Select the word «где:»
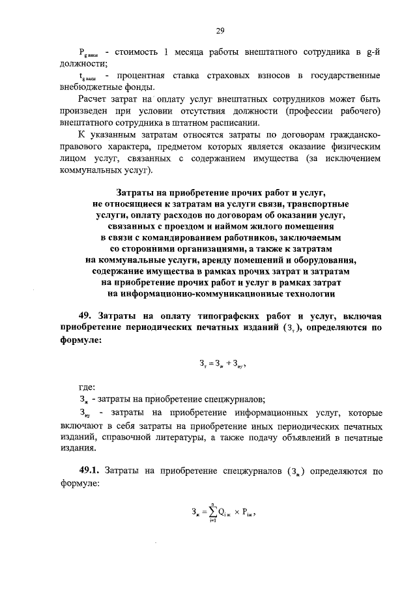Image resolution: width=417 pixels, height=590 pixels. (x=87, y=387)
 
